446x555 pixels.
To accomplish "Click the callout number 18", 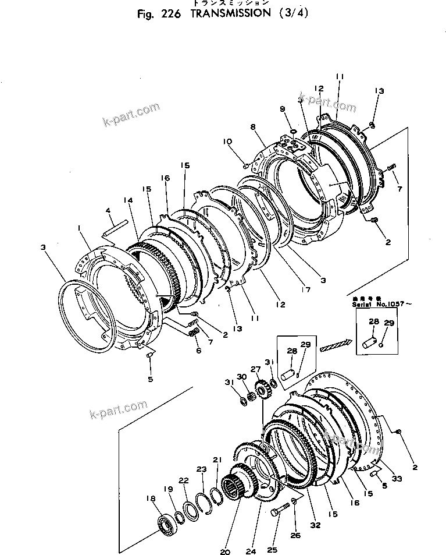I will (151, 498).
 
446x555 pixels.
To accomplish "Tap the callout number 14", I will (127, 200).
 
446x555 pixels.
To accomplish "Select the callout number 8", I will (254, 126).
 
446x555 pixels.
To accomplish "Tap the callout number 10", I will (227, 141).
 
